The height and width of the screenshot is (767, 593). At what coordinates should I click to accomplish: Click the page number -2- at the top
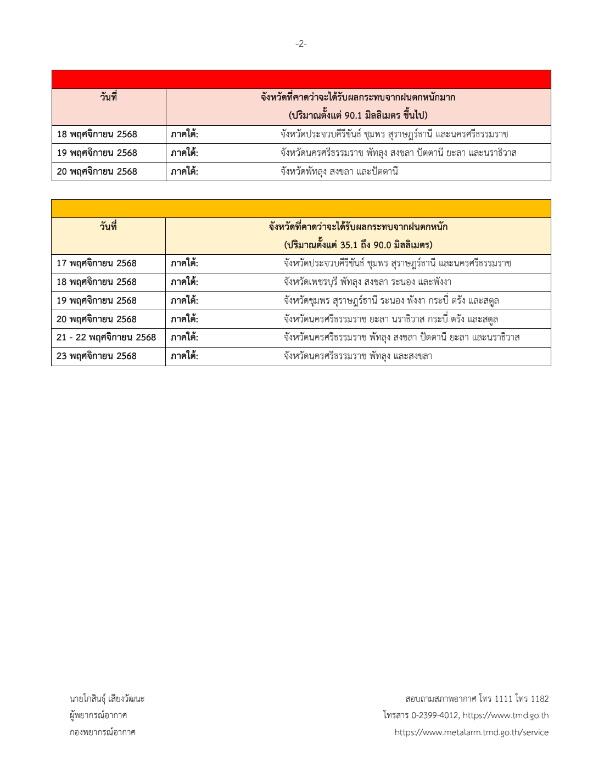[301, 44]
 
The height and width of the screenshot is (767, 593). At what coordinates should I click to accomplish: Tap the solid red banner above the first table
[301, 79]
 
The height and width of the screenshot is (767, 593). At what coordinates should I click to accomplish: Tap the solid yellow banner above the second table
[301, 209]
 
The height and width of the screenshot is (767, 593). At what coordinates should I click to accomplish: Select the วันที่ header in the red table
[109, 98]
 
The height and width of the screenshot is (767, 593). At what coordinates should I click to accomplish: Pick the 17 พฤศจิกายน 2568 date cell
[97, 264]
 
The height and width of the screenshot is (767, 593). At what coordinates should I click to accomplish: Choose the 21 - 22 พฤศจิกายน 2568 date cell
[107, 338]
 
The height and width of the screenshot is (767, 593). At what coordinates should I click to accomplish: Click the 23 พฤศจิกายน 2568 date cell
[97, 356]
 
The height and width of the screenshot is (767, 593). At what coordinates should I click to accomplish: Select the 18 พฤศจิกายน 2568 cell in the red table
[97, 135]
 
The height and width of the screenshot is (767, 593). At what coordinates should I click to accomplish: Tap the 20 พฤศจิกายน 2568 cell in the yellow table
[97, 320]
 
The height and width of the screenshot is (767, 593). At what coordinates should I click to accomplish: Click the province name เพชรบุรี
[320, 282]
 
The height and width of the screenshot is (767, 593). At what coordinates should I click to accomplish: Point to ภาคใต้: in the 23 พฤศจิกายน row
[184, 356]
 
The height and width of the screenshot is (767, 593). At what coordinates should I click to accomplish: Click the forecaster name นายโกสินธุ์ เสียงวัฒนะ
[107, 699]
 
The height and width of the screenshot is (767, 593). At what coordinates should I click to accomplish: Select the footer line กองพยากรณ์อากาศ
[103, 732]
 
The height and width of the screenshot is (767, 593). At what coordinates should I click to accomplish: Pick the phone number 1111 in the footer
[504, 699]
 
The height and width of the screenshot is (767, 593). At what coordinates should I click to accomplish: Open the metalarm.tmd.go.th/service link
[472, 732]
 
